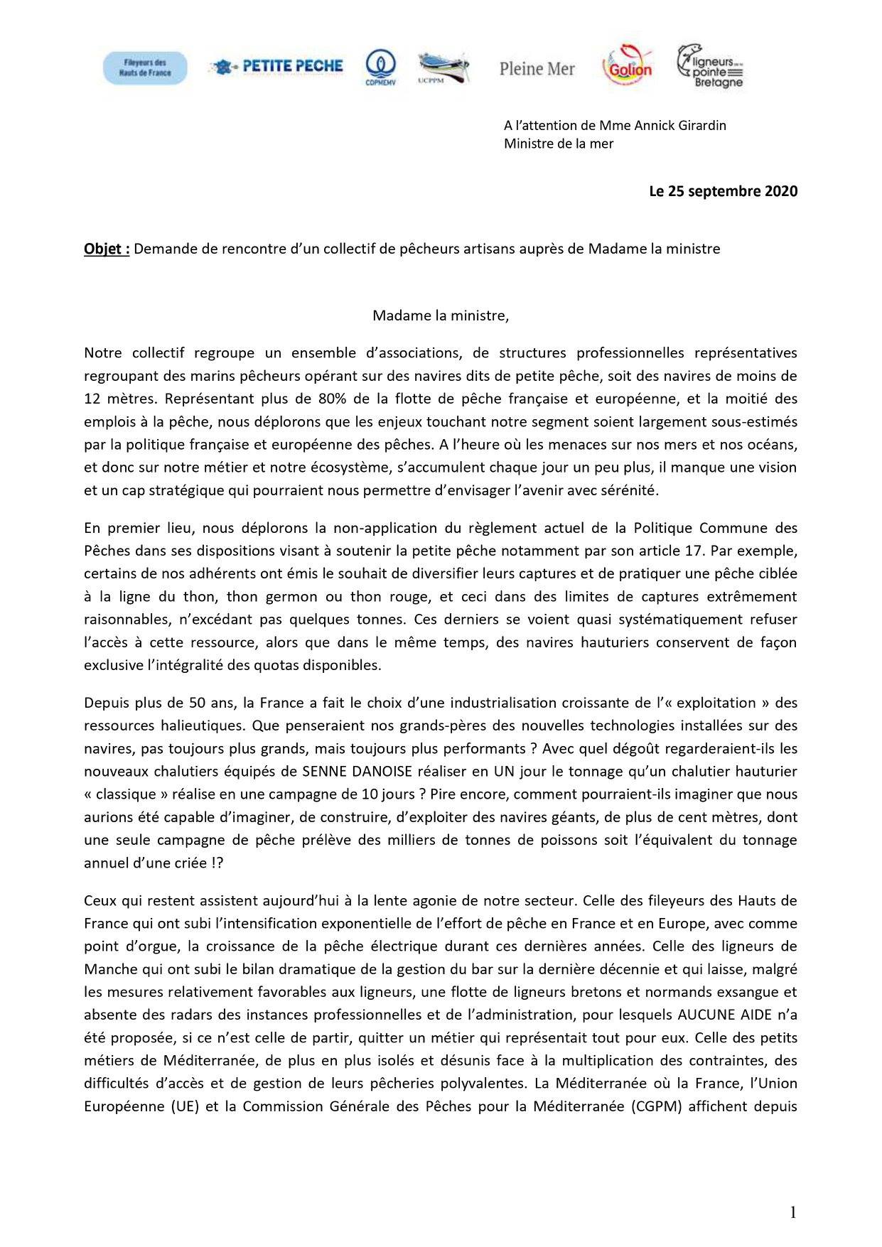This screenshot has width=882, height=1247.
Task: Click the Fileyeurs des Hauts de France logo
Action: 145,68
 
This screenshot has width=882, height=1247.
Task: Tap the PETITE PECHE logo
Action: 276,67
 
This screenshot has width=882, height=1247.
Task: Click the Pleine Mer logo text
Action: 537,69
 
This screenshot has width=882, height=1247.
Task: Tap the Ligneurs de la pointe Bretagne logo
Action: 710,67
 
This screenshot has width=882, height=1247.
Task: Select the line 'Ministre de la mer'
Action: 559,144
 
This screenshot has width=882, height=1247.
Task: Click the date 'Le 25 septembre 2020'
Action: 723,191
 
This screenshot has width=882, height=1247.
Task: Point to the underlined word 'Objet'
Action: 107,249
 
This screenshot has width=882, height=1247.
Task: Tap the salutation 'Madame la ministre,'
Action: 441,315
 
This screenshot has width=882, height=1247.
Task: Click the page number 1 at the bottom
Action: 792,1212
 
